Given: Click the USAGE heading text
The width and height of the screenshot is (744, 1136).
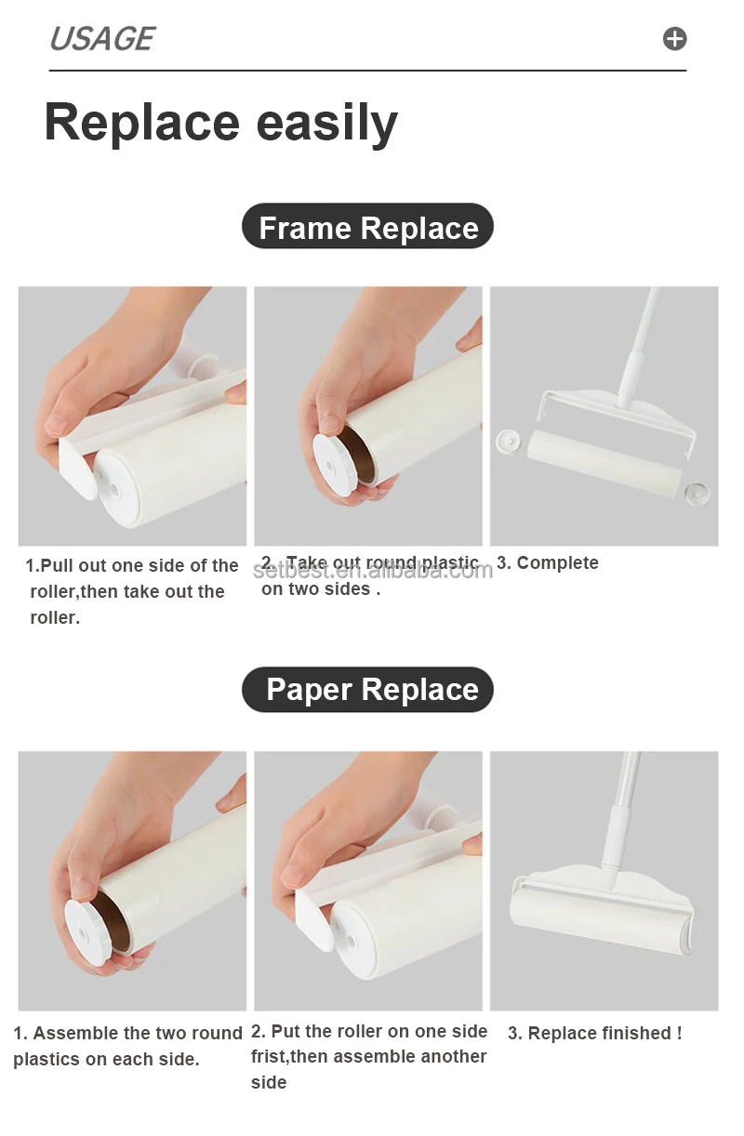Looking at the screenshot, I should click(101, 39).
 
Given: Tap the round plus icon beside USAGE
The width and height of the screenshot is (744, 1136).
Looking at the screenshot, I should click(674, 39).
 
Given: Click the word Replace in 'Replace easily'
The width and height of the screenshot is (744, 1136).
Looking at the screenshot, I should click(141, 123).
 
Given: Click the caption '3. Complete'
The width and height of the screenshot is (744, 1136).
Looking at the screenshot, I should click(548, 562).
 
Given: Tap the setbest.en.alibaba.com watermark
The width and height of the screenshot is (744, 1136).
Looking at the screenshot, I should click(372, 569).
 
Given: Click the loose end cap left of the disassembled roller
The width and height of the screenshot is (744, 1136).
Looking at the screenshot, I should click(507, 440).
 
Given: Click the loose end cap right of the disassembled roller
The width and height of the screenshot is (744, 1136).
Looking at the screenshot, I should click(697, 492).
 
